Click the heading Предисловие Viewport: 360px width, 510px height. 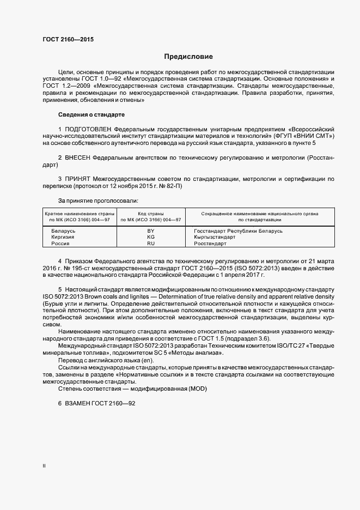pos(189,56)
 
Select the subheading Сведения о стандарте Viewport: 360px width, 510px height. pos(91,115)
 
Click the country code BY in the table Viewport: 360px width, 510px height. pos(150,231)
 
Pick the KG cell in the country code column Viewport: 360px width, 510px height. pos(150,238)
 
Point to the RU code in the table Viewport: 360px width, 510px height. pos(150,244)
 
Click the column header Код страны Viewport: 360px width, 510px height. pos(150,214)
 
